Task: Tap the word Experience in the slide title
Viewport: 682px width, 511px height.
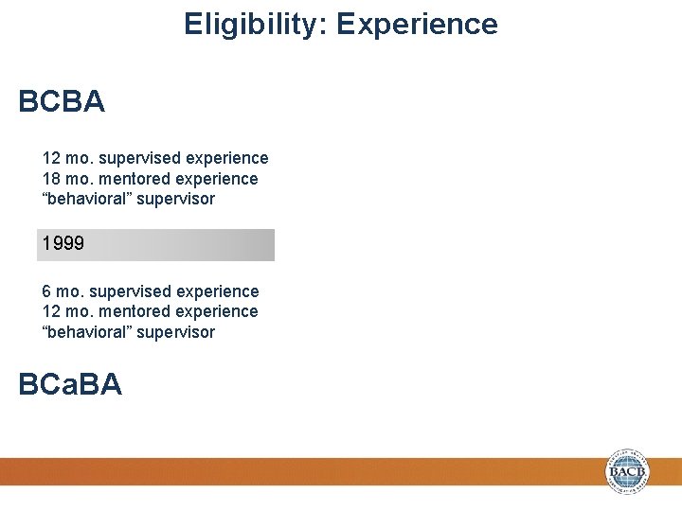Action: pyautogui.click(x=417, y=24)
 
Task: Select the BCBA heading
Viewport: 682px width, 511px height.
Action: pyautogui.click(x=62, y=102)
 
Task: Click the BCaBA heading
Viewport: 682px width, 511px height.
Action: pyautogui.click(x=70, y=384)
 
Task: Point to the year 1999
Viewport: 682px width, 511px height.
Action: pyautogui.click(x=63, y=244)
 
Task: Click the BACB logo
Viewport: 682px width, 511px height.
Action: pyautogui.click(x=628, y=470)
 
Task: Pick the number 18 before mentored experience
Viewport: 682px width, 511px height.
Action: pyautogui.click(x=51, y=179)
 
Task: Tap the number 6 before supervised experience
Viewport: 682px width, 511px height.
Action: pyautogui.click(x=46, y=291)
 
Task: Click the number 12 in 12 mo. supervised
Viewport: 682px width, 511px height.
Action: pyautogui.click(x=51, y=158)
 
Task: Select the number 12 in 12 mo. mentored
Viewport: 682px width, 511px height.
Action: pyautogui.click(x=51, y=311)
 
